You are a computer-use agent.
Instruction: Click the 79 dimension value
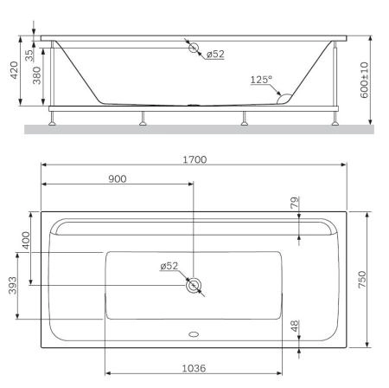pyautogui.click(x=294, y=204)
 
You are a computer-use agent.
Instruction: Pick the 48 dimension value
pyautogui.click(x=294, y=327)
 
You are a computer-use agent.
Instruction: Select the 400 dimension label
pyautogui.click(x=26, y=240)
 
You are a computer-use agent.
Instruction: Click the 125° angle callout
pyautogui.click(x=261, y=80)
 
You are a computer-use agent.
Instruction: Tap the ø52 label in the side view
pyautogui.click(x=215, y=55)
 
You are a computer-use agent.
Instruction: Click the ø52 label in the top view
pyautogui.click(x=169, y=267)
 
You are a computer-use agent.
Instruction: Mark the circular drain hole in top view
pyautogui.click(x=194, y=286)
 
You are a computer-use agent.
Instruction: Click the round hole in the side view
pyautogui.click(x=193, y=48)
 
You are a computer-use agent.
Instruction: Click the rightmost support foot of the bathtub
pyautogui.click(x=333, y=119)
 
